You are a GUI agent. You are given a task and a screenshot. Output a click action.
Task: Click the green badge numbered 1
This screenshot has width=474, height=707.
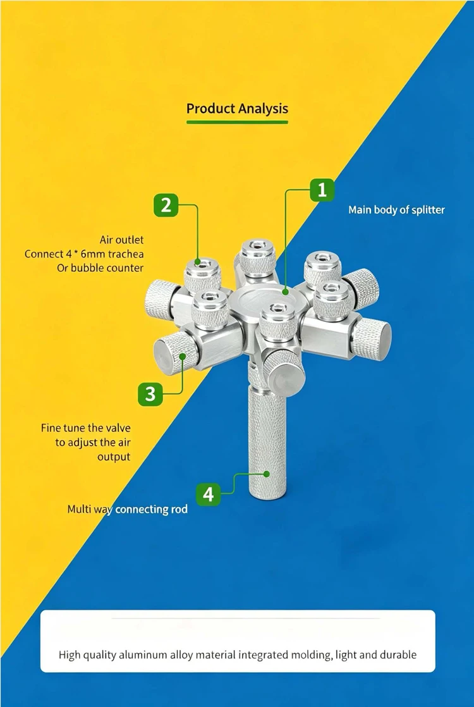[322, 190]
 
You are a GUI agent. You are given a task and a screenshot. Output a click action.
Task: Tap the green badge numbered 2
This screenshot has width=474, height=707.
[166, 205]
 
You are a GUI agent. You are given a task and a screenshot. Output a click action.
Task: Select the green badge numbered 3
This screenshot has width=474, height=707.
[150, 394]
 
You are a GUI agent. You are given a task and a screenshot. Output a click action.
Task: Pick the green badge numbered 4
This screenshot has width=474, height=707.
[208, 495]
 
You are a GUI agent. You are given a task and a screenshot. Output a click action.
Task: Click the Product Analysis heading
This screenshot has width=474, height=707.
[237, 109]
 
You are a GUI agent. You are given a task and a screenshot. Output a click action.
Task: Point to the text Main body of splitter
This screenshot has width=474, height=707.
[396, 210]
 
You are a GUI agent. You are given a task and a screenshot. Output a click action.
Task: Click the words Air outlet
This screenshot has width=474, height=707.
[121, 240]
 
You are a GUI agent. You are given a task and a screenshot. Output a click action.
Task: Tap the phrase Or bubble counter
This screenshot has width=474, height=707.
[100, 268]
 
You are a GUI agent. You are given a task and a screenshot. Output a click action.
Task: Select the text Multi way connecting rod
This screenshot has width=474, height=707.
[128, 510]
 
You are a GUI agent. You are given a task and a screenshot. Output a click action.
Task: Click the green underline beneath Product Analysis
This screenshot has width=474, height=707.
[237, 122]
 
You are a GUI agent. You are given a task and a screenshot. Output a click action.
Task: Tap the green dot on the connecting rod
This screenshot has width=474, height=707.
[266, 474]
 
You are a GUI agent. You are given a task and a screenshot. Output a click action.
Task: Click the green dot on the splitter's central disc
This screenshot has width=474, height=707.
[285, 292]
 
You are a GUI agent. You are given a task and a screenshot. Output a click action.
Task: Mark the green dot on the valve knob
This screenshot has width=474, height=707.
[183, 356]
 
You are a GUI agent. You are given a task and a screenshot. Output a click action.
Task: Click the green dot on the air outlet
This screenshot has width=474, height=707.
[198, 262]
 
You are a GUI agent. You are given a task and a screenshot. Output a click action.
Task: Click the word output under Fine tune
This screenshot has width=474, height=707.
[114, 457]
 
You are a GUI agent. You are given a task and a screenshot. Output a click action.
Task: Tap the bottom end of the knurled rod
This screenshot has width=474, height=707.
[266, 497]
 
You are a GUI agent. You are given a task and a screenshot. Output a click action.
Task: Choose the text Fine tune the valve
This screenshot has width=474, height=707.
[85, 428]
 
